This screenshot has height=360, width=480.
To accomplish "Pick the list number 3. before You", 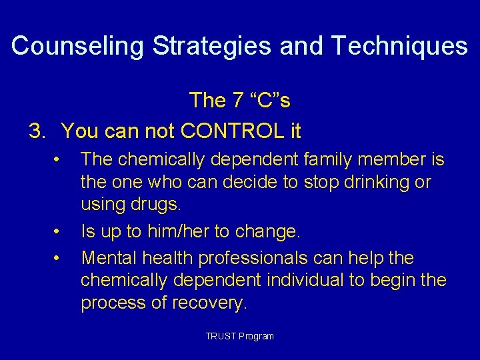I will click(x=38, y=131).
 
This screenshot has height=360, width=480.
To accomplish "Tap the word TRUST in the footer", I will click(x=221, y=336).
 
